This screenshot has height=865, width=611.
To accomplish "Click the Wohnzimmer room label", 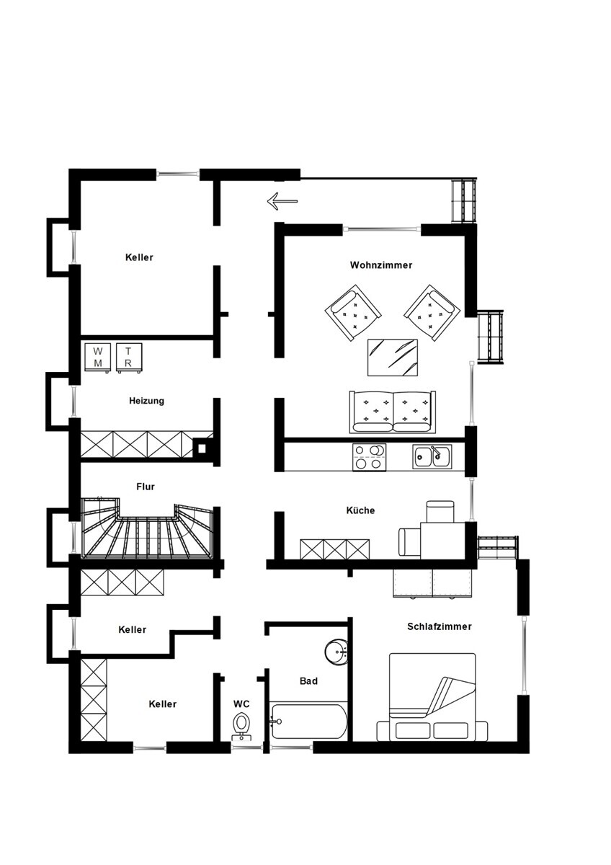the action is point(380,265).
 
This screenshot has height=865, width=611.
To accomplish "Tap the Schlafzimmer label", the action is point(440,626).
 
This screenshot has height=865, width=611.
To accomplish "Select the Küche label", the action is point(360,510).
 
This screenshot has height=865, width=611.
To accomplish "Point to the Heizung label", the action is point(146,401).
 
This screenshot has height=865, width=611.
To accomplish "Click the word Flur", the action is point(146,487).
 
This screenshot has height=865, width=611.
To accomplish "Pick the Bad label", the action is point(308,680).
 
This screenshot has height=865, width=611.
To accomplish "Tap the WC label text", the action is point(241,704).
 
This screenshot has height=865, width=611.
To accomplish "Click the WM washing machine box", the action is point(98,358).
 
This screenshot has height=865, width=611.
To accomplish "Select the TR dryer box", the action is point(129,358).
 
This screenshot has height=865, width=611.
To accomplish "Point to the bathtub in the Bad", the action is point(309,722).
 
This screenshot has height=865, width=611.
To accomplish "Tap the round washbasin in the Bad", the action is point(336,652).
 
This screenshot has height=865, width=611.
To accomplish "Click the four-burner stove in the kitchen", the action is point(370,457).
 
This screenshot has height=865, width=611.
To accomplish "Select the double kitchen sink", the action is point(432,456).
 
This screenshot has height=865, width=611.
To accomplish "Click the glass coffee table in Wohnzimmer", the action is point(393,358).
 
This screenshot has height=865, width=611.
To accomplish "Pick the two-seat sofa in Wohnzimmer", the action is point(393,412).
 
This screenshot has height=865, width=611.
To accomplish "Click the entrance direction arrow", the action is point(282,201).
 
